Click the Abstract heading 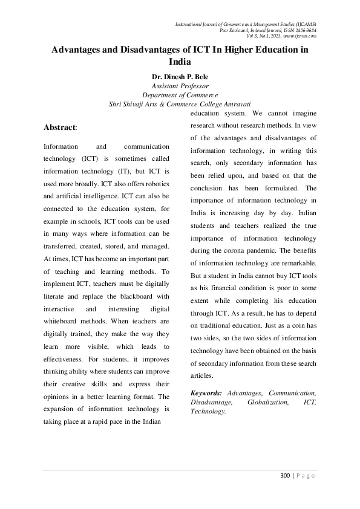coord(60,128)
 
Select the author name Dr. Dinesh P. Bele coord(180,77)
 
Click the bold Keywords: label coord(206,393)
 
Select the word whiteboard coord(64,322)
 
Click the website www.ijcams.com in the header coord(301,36)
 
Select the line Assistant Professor coord(180,86)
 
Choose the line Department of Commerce coord(180,95)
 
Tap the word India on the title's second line coord(180,62)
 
